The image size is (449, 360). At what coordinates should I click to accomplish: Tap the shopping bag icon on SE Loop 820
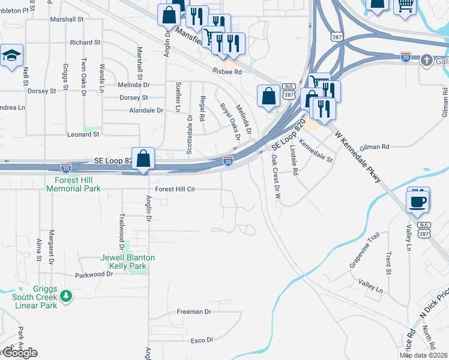pos(143,160)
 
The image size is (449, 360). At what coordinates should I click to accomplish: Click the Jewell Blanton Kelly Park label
pos(127,262)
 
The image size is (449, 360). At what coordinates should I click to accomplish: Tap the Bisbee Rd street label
pos(226,71)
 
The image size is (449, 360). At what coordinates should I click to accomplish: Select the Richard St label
pos(85,43)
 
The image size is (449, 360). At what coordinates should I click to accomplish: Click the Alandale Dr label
pos(146,110)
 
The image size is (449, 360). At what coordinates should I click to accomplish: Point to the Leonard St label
pos(83,134)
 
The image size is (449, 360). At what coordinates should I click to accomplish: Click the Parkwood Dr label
pos(94,274)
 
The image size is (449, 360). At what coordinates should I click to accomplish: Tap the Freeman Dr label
pos(194,312)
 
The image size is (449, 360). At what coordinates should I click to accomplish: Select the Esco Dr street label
pos(202,340)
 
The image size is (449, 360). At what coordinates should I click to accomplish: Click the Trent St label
pos(388,263)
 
